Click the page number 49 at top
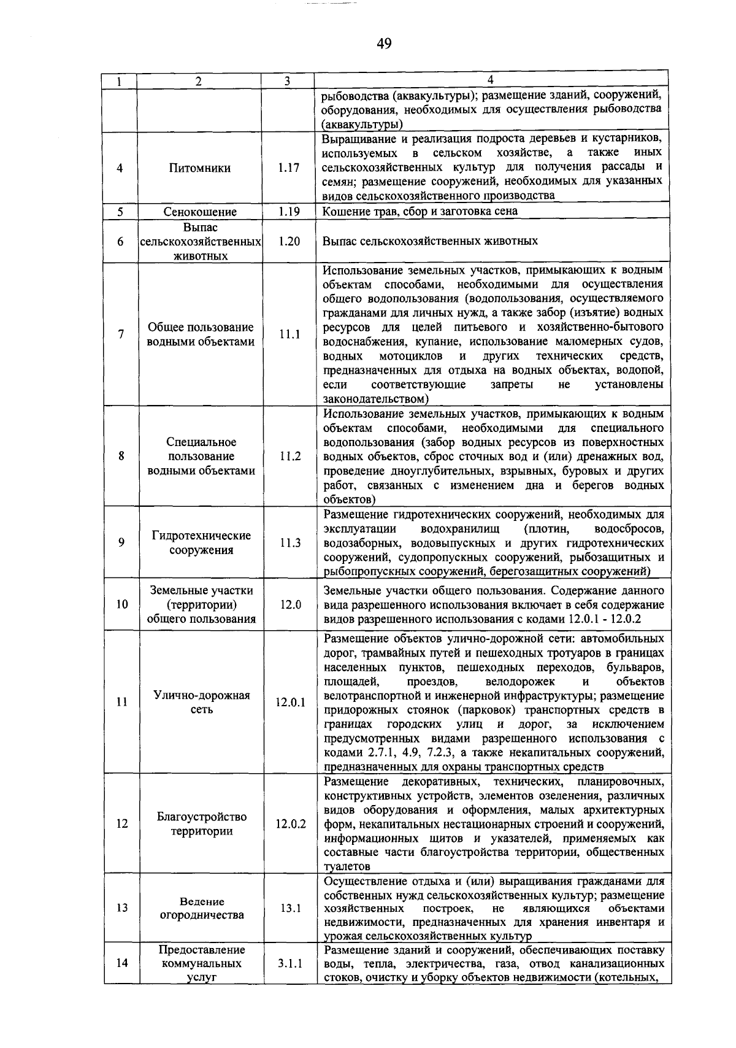(x=384, y=44)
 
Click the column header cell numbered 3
(x=287, y=81)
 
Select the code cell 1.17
(x=288, y=168)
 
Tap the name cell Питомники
(x=200, y=168)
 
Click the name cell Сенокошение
(x=200, y=212)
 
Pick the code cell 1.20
(x=288, y=241)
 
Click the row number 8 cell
(x=121, y=456)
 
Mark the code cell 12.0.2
(x=290, y=823)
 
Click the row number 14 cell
(x=121, y=963)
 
